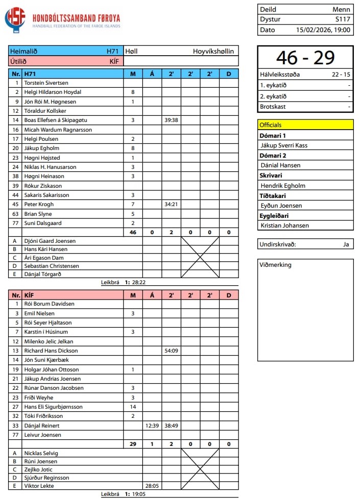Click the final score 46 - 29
(x=305, y=58)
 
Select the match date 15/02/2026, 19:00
(x=323, y=30)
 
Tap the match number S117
(x=343, y=19)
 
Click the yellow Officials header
(x=305, y=124)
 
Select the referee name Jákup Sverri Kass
(x=284, y=145)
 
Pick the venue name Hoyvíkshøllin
(x=213, y=52)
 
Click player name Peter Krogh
(x=39, y=204)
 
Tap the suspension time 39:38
(x=171, y=120)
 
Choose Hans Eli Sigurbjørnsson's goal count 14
(x=133, y=407)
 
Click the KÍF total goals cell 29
(x=133, y=444)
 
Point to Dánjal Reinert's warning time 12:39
(x=152, y=426)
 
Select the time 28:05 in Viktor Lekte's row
(x=152, y=486)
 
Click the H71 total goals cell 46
(x=133, y=232)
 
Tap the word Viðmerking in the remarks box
(x=276, y=265)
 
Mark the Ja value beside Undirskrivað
(x=346, y=244)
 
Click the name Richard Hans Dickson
(x=51, y=351)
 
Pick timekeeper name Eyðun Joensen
(x=281, y=206)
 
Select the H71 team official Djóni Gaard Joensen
(x=50, y=241)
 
